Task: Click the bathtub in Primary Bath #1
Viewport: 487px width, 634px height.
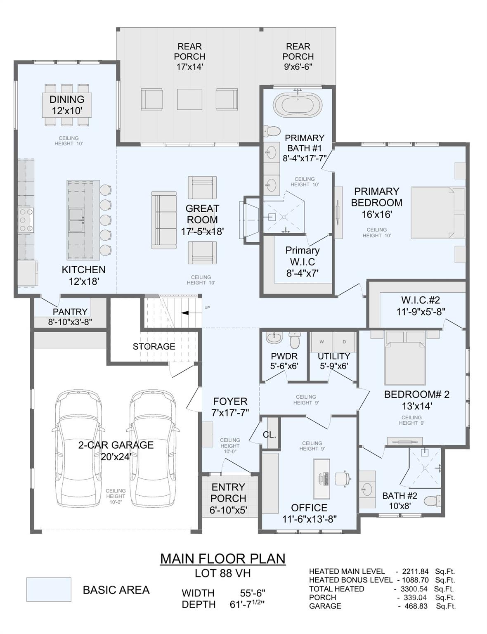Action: point(298,105)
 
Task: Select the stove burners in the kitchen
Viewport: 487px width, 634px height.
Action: point(25,220)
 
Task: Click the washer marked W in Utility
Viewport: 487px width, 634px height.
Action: point(322,341)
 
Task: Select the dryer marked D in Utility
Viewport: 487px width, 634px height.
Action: point(344,341)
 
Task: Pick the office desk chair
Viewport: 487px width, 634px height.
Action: point(343,478)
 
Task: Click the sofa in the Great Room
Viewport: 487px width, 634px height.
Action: point(163,220)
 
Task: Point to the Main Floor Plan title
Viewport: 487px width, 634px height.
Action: point(222,558)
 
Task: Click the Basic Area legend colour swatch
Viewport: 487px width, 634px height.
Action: point(49,589)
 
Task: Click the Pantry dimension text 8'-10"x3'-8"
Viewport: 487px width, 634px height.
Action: point(70,322)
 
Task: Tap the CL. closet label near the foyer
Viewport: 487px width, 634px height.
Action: point(270,435)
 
